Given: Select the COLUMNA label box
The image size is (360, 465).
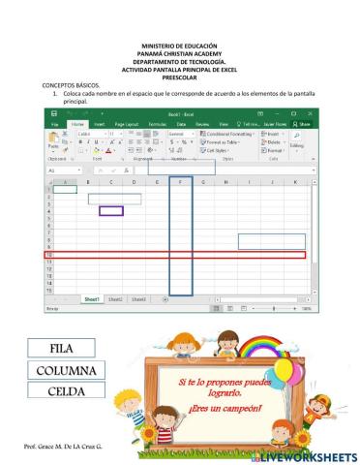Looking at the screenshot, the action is click(x=67, y=370).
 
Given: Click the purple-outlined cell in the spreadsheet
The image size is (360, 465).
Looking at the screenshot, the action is click(x=111, y=210).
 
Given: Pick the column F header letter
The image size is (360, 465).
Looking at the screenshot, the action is click(x=181, y=181).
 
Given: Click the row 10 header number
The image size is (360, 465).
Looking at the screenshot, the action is click(x=50, y=255).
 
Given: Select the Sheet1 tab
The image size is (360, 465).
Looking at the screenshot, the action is click(x=92, y=299).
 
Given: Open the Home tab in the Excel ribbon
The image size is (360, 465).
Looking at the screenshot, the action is click(x=75, y=124).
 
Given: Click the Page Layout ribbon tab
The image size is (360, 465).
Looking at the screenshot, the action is click(x=127, y=124).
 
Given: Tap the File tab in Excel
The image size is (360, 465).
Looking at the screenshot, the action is click(x=54, y=124).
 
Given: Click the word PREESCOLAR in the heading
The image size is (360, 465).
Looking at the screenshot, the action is click(x=180, y=77).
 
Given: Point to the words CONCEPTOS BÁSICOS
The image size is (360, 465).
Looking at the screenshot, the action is click(x=71, y=84).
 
